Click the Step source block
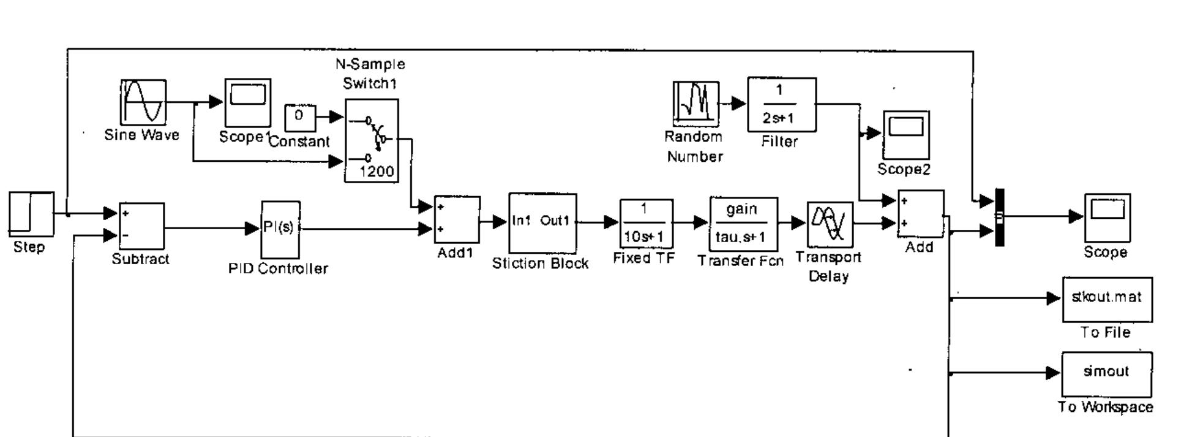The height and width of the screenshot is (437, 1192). pos(31,213)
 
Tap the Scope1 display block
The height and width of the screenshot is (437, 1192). pos(247,102)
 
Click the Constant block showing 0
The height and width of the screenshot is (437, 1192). pos(300,117)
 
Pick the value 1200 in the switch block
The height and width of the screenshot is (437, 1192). pos(377,171)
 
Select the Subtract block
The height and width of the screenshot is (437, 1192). pos(141,226)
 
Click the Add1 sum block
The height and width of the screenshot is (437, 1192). pos(457,219)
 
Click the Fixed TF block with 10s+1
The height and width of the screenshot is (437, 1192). pos(646,222)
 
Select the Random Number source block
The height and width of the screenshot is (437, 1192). pos(695,102)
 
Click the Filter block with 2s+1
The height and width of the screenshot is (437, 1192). pos(781,104)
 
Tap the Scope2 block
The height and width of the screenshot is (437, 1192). pos(905,135)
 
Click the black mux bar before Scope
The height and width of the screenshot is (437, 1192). pos(999,218)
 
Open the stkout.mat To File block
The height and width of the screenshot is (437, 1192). pos(1107,299)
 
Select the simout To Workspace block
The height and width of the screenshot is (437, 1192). pos(1106,374)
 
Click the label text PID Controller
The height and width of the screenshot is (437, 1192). pos(278,268)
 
